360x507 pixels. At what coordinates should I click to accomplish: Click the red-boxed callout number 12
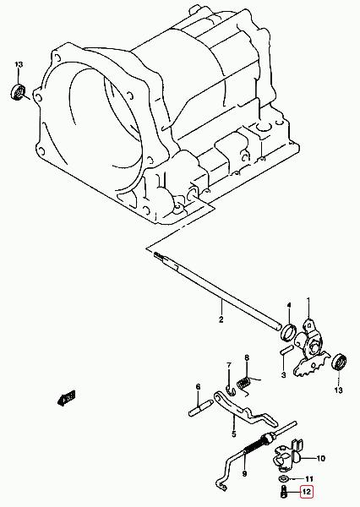[306, 492]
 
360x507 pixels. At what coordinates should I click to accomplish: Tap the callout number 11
[309, 479]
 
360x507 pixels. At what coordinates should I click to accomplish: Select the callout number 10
[320, 458]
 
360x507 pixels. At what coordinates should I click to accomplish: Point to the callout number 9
[244, 474]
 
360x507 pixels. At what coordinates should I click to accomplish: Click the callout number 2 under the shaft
[221, 319]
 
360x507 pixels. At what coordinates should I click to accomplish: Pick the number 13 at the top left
[19, 64]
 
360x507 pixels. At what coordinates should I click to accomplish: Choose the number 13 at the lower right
[338, 390]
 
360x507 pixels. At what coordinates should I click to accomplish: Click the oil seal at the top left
[19, 92]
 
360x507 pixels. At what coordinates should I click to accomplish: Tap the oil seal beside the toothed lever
[340, 363]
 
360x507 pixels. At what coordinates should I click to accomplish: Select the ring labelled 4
[288, 332]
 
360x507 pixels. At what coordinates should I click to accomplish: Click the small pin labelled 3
[286, 350]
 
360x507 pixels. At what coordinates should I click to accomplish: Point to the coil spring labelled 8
[243, 384]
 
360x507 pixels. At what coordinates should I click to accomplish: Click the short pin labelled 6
[200, 408]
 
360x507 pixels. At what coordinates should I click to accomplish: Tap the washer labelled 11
[283, 478]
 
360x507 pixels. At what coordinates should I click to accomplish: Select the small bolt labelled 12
[283, 492]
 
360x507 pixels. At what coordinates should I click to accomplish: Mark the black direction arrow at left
[67, 397]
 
